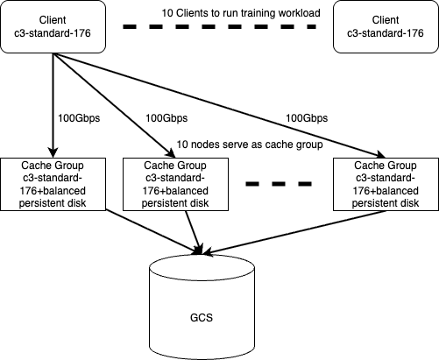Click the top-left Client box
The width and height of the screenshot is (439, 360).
[x=53, y=26]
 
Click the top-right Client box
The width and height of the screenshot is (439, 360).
[x=386, y=26]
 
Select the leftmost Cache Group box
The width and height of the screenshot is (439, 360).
[x=53, y=184]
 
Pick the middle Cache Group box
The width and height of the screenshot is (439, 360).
[x=175, y=184]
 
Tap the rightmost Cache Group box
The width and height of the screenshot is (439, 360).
[x=386, y=184]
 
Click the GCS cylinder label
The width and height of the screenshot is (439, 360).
[x=202, y=317]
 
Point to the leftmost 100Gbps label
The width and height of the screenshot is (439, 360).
[x=79, y=118]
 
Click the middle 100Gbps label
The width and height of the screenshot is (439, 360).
[x=166, y=118]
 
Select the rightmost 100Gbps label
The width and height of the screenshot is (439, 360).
[x=307, y=118]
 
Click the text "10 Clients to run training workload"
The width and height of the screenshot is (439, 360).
[x=241, y=13]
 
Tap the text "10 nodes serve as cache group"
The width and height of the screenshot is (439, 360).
[x=250, y=145]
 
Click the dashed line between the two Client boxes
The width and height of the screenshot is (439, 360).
[x=219, y=26]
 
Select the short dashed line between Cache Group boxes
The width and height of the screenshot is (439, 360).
[x=279, y=184]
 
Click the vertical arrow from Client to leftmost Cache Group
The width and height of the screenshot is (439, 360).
[x=53, y=105]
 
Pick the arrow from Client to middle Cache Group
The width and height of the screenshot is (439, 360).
[x=114, y=105]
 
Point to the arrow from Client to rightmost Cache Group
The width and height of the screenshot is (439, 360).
[x=219, y=105]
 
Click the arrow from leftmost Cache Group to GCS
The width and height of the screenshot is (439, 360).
[x=153, y=231]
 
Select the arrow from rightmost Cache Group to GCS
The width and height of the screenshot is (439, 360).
[x=294, y=232]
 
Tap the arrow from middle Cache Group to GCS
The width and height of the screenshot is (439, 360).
[x=194, y=232]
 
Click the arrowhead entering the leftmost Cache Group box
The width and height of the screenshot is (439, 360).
[x=53, y=153]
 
